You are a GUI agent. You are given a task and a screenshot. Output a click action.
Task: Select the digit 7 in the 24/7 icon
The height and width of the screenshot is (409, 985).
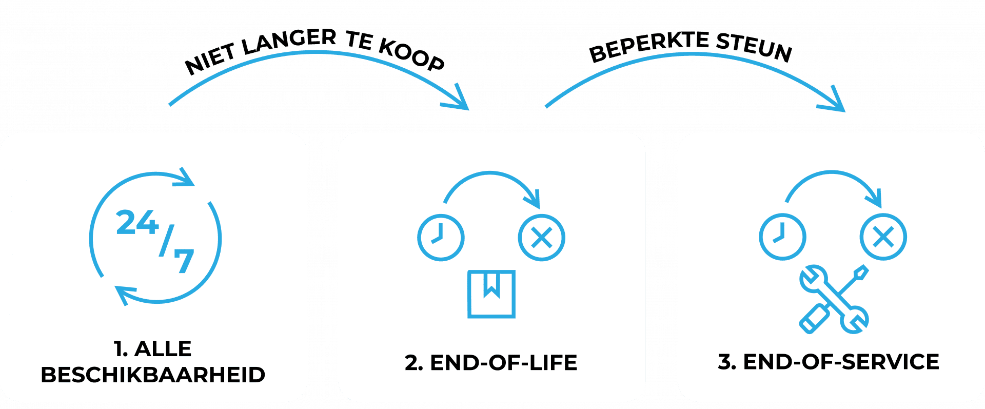[x=184, y=260]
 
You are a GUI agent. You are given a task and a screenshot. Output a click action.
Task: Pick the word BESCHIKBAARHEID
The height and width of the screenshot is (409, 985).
[x=153, y=375]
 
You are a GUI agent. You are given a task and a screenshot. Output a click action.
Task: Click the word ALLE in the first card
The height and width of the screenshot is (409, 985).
[x=163, y=349]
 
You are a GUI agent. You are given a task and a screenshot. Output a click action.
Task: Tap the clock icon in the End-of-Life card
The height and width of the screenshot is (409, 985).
[x=441, y=238]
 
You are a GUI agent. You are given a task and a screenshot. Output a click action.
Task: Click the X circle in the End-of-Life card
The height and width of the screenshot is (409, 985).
[x=541, y=238]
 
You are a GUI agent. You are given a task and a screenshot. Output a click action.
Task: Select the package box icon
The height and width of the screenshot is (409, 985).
[x=491, y=294]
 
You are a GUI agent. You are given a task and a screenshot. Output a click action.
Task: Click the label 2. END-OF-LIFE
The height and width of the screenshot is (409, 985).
[x=491, y=363]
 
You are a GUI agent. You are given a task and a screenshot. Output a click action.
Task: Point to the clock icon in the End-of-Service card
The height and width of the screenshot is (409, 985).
[x=782, y=237]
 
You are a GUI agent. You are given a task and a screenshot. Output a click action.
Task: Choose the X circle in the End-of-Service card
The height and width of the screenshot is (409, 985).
[x=883, y=237]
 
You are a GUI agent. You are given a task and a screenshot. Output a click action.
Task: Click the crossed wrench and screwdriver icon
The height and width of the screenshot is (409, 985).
[x=834, y=299]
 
